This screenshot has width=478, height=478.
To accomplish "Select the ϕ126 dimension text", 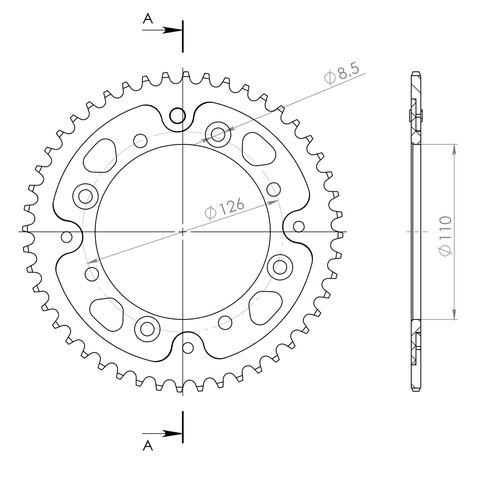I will [x=225, y=208].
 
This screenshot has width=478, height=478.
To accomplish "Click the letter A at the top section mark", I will [x=148, y=18].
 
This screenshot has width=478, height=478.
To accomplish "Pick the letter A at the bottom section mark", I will [x=148, y=445].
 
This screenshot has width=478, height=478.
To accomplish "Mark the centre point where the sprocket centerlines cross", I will [x=183, y=232].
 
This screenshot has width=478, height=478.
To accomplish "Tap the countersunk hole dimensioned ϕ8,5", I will [x=218, y=133].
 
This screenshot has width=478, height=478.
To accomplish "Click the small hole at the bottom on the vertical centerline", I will [x=188, y=347].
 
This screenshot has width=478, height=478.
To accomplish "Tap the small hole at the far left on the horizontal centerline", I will [x=67, y=237].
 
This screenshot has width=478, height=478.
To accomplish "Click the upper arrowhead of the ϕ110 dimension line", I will [x=454, y=148].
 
